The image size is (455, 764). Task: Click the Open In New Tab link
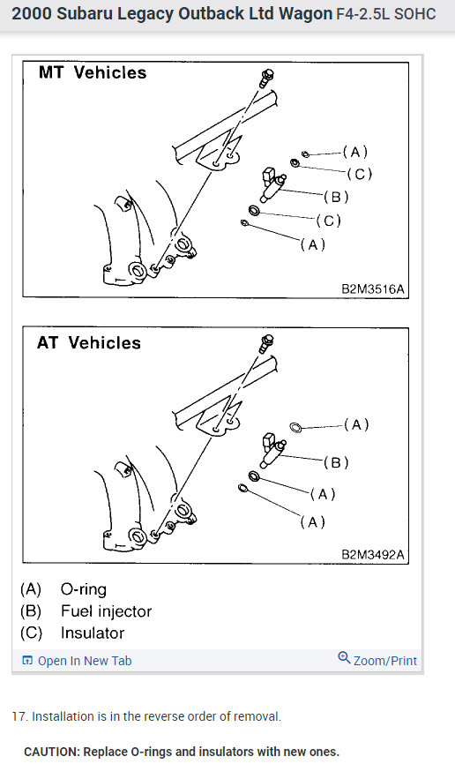[78, 661]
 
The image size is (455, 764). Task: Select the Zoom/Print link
[377, 660]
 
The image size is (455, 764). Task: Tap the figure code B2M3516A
[373, 288]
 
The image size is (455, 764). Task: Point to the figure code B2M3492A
[373, 555]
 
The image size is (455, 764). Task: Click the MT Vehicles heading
[93, 72]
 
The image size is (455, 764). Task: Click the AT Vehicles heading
[89, 343]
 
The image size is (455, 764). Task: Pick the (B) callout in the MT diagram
[336, 197]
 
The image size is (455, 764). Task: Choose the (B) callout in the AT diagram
[336, 462]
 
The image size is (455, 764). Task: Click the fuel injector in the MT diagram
[272, 185]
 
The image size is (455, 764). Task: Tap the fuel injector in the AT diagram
[273, 450]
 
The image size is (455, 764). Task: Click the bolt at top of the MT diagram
[266, 78]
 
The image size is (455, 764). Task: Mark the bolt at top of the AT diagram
[266, 343]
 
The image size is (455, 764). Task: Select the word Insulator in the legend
[93, 633]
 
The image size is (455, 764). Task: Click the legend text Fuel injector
[106, 611]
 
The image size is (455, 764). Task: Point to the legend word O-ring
[83, 589]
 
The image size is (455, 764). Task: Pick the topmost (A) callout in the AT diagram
[356, 425]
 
